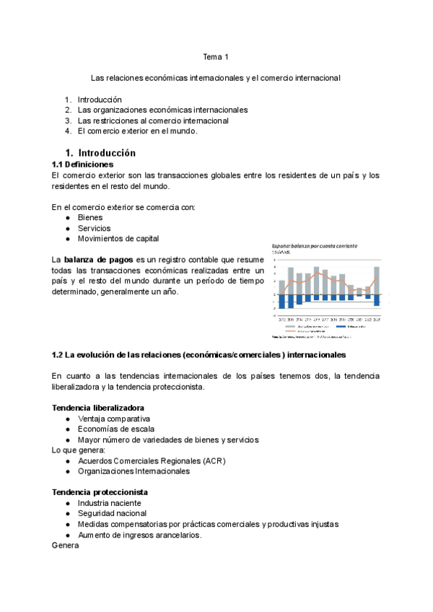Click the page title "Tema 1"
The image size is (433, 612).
coord(216,56)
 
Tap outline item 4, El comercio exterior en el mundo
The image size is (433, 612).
coord(137,131)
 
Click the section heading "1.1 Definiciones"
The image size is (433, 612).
coord(83,165)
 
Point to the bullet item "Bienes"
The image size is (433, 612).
coord(90,217)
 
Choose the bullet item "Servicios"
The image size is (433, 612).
coord(94,228)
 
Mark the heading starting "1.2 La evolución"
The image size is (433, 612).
coord(198,355)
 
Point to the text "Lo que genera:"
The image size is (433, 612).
coord(77,450)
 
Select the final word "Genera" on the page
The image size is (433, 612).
coord(65,546)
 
